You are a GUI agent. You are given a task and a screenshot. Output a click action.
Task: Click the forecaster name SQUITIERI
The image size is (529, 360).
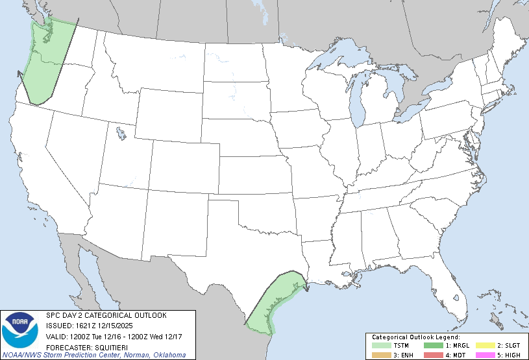106,346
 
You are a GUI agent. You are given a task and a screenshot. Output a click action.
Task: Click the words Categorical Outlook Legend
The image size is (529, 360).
415,337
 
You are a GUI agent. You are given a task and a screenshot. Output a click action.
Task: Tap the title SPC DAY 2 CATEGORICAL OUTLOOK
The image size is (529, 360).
106,315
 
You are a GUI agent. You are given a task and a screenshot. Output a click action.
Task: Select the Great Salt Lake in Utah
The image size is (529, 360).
121,134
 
